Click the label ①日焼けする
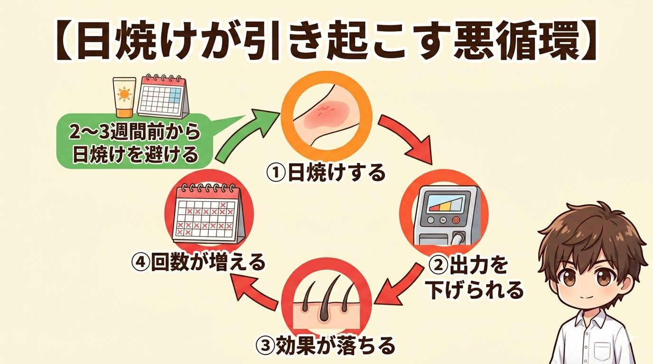point(326,173)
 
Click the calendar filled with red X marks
point(208,215)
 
